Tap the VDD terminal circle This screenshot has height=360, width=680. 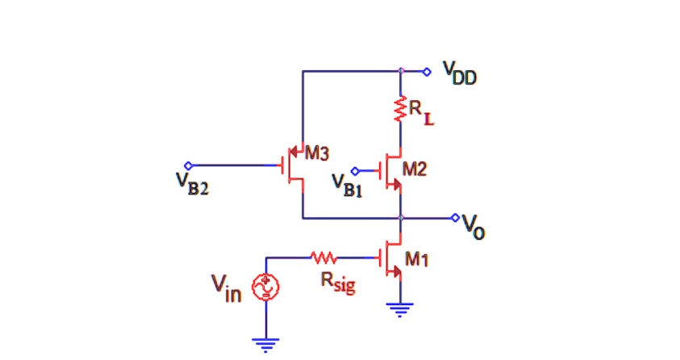[428, 72]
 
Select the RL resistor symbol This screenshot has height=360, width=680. [400, 110]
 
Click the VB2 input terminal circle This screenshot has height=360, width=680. [188, 165]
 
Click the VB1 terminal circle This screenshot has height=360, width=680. [356, 170]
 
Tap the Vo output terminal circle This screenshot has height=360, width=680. [455, 218]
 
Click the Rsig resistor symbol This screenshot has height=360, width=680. [323, 258]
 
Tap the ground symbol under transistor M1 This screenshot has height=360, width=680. [400, 308]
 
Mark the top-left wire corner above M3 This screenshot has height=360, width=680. [302, 72]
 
